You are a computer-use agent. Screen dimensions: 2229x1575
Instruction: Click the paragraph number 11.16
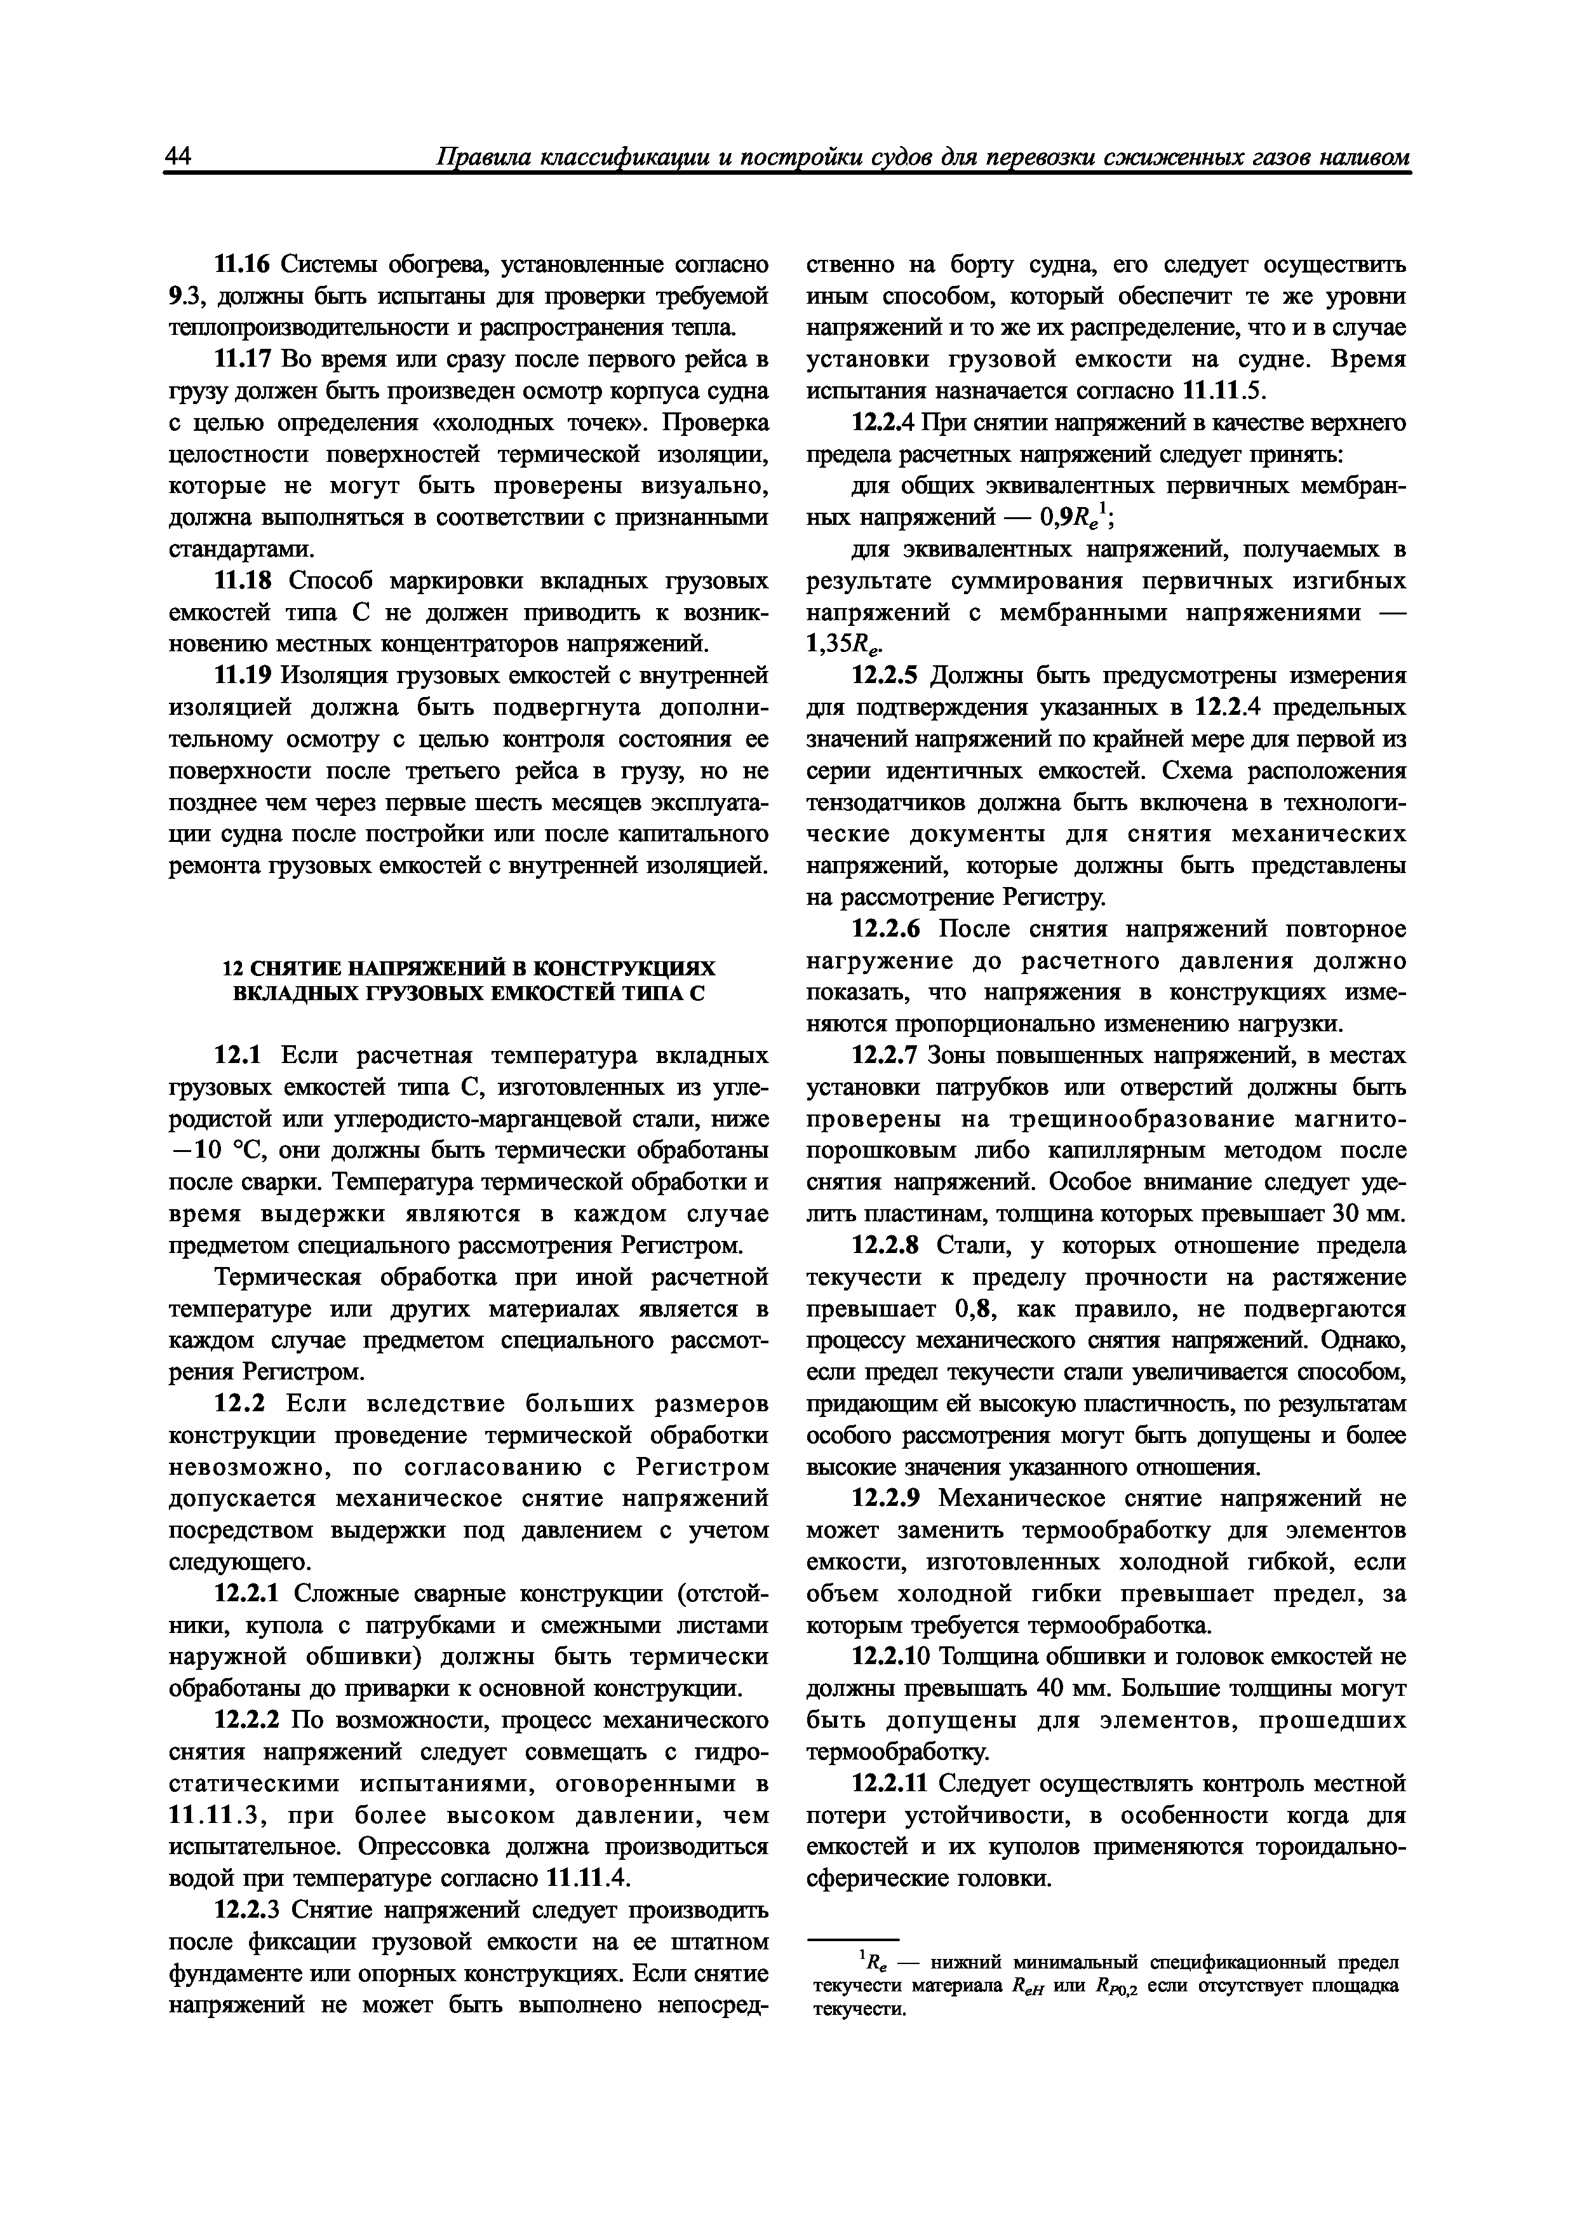click(x=245, y=265)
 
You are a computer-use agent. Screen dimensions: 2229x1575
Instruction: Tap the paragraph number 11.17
click(x=245, y=360)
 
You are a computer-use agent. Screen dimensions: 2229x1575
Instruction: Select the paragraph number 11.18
click(x=245, y=581)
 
